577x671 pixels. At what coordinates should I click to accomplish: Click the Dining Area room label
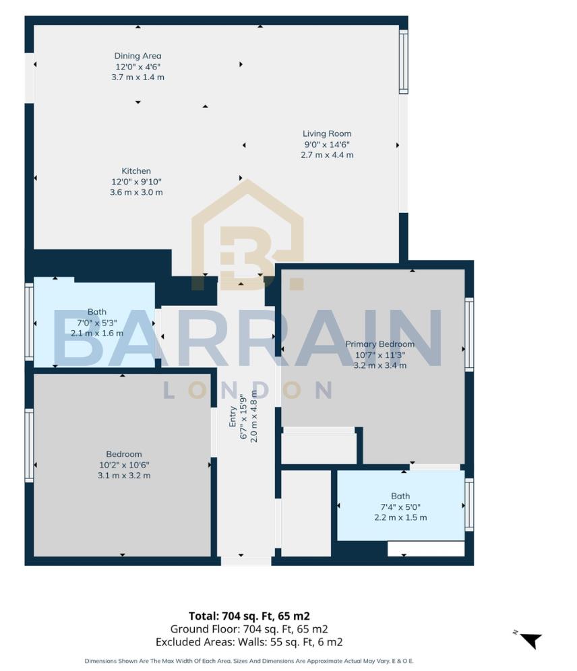(138, 56)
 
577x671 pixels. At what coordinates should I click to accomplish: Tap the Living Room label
(327, 133)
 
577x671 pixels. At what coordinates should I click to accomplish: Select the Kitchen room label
(136, 171)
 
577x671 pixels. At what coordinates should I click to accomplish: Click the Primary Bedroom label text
(380, 344)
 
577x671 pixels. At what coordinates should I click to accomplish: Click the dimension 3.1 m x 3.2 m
(123, 476)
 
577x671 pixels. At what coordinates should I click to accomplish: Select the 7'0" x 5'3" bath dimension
(97, 323)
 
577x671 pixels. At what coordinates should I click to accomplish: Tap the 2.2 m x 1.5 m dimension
(400, 518)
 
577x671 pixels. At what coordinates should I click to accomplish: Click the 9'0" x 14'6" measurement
(327, 144)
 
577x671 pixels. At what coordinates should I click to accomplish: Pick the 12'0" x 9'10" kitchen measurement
(136, 182)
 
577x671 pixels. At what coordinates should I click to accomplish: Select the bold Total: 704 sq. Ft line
(249, 616)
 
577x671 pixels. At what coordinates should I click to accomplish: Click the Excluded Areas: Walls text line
(249, 642)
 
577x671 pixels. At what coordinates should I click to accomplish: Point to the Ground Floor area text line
(249, 629)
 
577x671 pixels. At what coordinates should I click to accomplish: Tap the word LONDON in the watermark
(248, 390)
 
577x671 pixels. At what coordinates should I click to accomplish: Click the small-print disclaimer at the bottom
(249, 661)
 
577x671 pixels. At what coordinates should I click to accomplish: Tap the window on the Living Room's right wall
(403, 62)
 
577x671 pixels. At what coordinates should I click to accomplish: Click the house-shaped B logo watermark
(248, 236)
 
